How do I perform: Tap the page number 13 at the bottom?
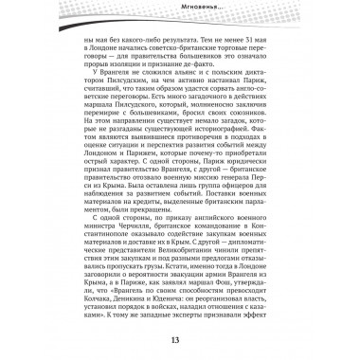(x=180, y=341)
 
